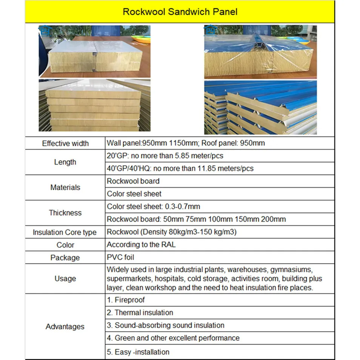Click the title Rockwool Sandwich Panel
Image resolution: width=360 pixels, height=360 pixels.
point(180,12)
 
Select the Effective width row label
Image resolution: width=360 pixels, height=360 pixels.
point(65,143)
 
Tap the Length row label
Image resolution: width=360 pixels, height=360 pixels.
point(65,162)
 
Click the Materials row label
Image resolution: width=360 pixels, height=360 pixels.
point(65,187)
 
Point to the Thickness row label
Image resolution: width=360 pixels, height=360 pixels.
point(65,212)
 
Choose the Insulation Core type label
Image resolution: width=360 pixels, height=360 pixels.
point(65,232)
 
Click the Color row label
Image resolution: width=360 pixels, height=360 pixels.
point(65,245)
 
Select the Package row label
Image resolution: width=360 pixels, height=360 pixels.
point(65,258)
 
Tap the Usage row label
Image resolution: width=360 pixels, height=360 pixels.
point(65,278)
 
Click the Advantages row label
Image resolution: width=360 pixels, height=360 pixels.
point(65,326)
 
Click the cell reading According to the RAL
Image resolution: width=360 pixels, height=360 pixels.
point(141,245)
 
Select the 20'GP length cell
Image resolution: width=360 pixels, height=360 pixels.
point(168,155)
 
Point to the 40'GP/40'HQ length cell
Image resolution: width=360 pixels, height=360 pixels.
point(180,168)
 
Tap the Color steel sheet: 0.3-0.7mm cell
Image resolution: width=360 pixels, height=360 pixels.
point(153,206)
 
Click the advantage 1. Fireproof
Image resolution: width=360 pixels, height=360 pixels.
point(126,300)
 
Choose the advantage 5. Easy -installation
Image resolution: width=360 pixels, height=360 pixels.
point(138,352)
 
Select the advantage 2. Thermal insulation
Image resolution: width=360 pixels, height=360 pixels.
point(140,312)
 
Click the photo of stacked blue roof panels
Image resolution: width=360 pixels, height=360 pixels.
point(260,108)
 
